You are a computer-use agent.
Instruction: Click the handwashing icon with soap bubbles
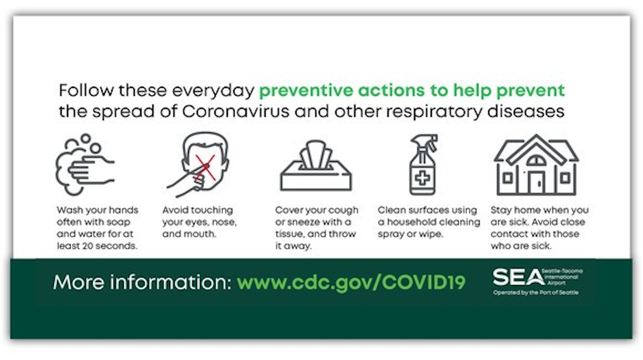pyautogui.click(x=85, y=164)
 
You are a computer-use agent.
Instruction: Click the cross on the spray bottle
pyautogui.click(x=423, y=178)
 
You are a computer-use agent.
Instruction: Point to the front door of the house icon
pyautogui.click(x=536, y=183)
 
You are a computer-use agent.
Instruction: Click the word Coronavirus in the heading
pyautogui.click(x=235, y=111)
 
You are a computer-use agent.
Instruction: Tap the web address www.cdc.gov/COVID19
pyautogui.click(x=351, y=283)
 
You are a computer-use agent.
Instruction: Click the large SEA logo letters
pyautogui.click(x=519, y=277)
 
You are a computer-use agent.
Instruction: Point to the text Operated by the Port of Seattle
pyautogui.click(x=536, y=292)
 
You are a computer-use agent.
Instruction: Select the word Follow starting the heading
pyautogui.click(x=86, y=91)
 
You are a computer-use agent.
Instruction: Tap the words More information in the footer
pyautogui.click(x=143, y=282)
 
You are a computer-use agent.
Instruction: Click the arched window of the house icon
pyautogui.click(x=536, y=161)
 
